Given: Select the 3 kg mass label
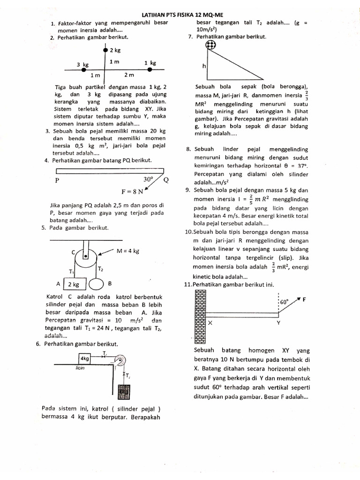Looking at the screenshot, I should [x=83, y=64].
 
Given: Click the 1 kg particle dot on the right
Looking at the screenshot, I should [x=150, y=69].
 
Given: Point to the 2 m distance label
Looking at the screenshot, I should [x=129, y=75].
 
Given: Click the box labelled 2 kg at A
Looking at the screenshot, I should [x=73, y=284].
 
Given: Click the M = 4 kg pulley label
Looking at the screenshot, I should [x=128, y=251].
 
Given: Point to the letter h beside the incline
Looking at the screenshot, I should [x=204, y=67].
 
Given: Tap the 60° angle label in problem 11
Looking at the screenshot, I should [x=284, y=302].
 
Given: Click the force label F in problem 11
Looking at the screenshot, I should [x=304, y=300].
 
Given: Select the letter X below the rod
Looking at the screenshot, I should [x=210, y=323].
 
